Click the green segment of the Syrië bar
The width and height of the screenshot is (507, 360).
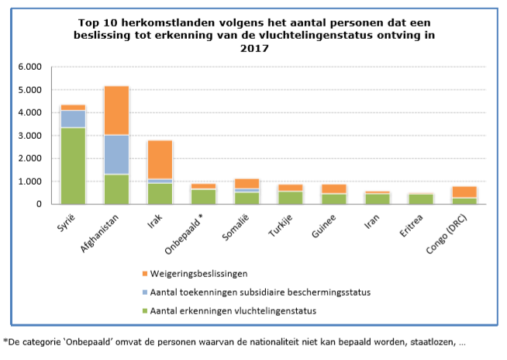(x=74, y=166)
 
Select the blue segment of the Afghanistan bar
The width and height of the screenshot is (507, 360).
(x=117, y=154)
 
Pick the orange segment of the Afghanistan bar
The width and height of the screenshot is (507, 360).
(x=117, y=110)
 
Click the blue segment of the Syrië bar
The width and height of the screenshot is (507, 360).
(x=74, y=119)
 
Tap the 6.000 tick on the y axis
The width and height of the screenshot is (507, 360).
(x=38, y=67)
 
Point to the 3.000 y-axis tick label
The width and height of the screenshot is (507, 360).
(x=38, y=136)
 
